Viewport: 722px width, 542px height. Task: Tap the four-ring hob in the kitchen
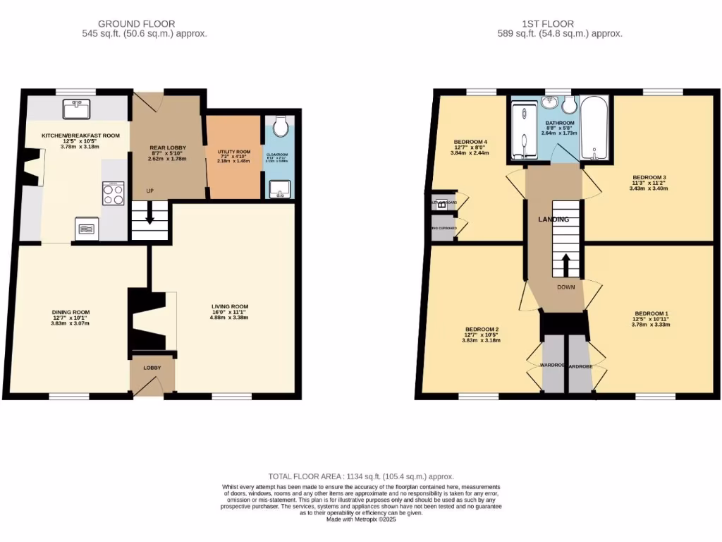coord(114,193)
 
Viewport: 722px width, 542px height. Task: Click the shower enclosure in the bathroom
coord(522,132)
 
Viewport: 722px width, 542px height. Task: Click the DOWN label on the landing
coord(566,287)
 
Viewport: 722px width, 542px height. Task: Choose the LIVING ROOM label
coord(230,306)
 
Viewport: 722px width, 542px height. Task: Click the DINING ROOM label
coord(71,312)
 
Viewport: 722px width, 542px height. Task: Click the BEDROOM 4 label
coord(470,142)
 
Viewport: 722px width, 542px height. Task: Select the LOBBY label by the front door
coord(152,368)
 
